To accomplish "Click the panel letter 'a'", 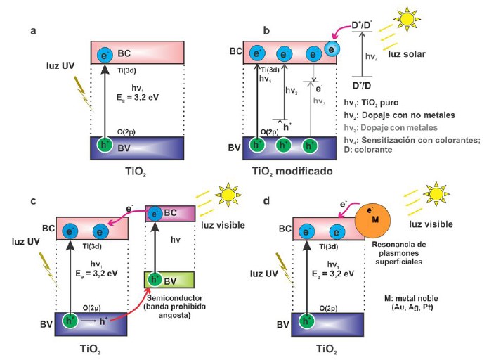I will click(x=33, y=30).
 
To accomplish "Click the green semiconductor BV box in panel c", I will click(x=165, y=281).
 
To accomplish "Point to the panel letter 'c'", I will click(x=33, y=201).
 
